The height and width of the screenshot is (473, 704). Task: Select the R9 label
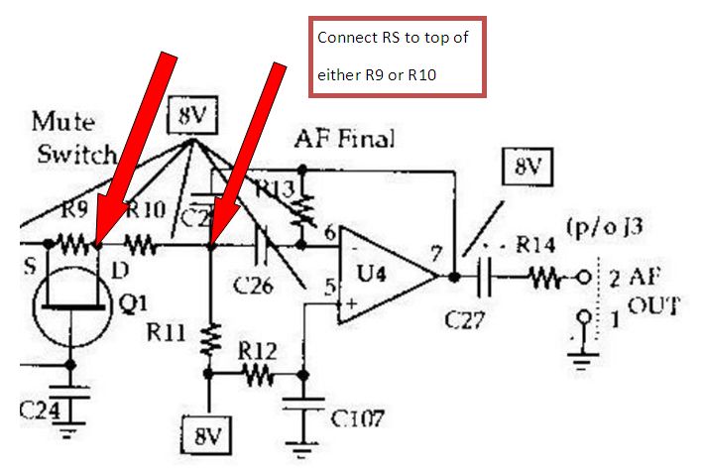(74, 211)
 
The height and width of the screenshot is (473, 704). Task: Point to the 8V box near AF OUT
(528, 170)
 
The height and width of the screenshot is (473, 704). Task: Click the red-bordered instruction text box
(397, 57)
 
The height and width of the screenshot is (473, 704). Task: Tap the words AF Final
(344, 139)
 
